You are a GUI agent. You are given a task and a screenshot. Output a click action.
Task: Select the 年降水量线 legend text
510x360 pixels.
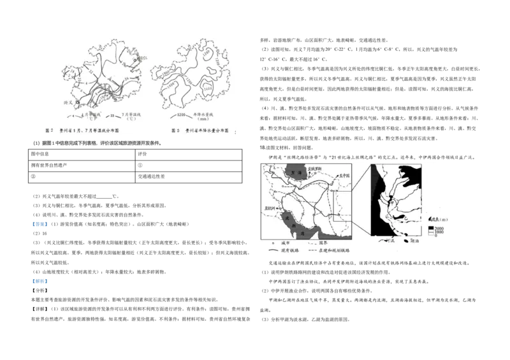(205, 115)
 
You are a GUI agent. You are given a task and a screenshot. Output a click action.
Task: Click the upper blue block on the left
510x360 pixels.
(40, 224)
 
